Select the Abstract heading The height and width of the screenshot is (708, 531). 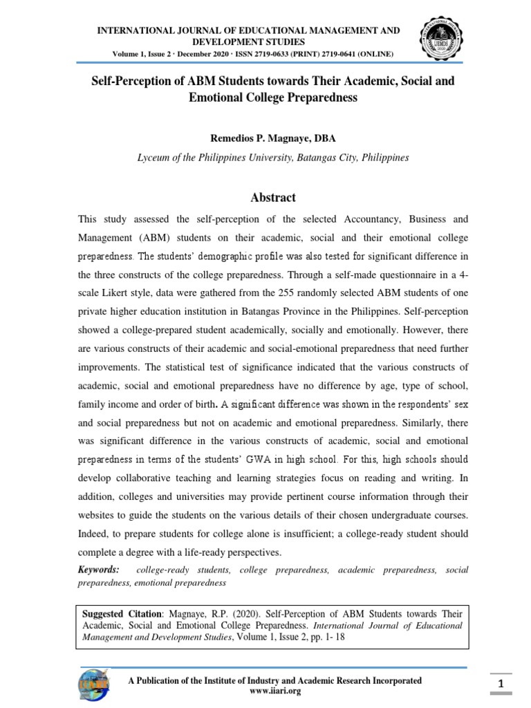pyautogui.click(x=273, y=198)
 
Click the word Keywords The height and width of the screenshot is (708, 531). pyautogui.click(x=98, y=570)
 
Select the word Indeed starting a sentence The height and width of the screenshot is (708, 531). pyautogui.click(x=95, y=534)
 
